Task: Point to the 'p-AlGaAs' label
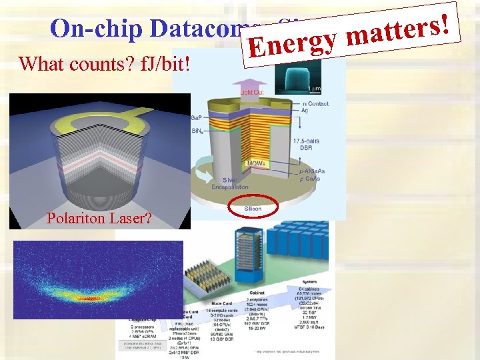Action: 312,171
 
